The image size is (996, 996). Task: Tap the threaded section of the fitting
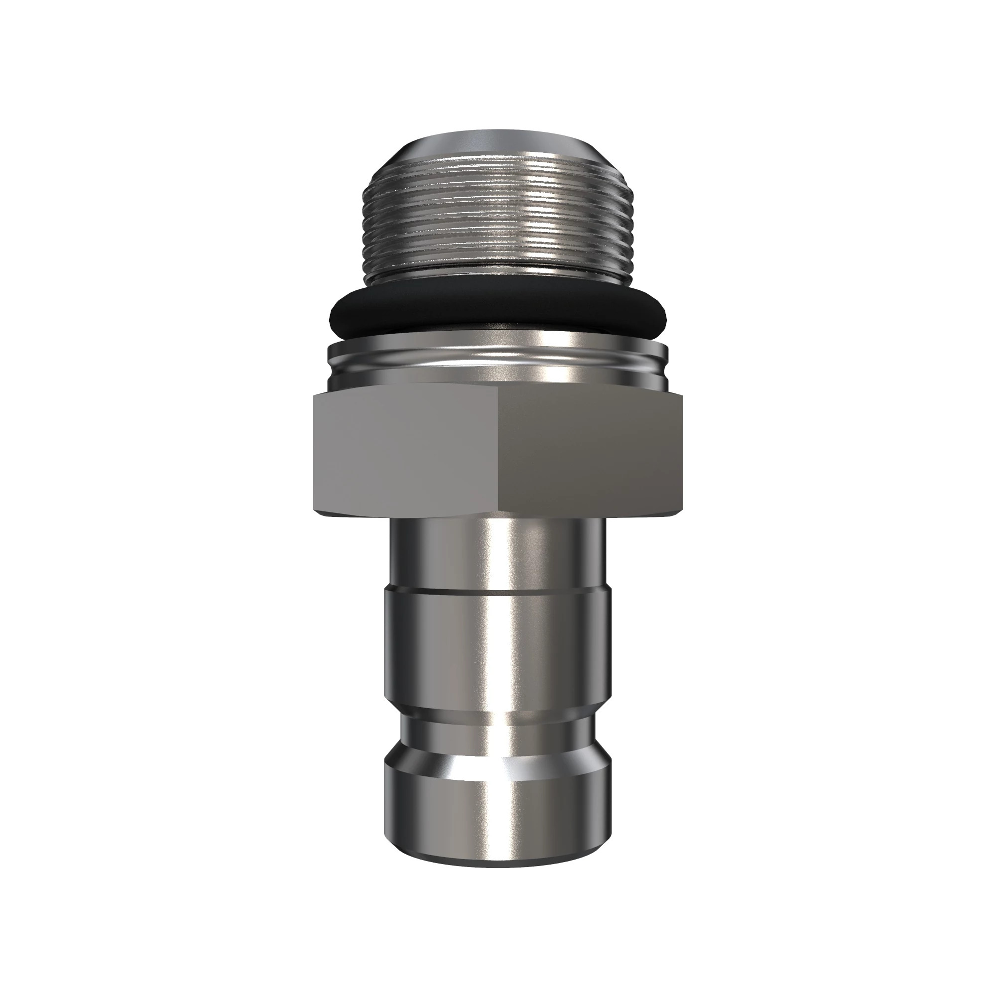498,222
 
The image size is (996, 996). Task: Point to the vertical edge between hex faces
498,454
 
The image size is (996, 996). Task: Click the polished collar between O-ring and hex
498,361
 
